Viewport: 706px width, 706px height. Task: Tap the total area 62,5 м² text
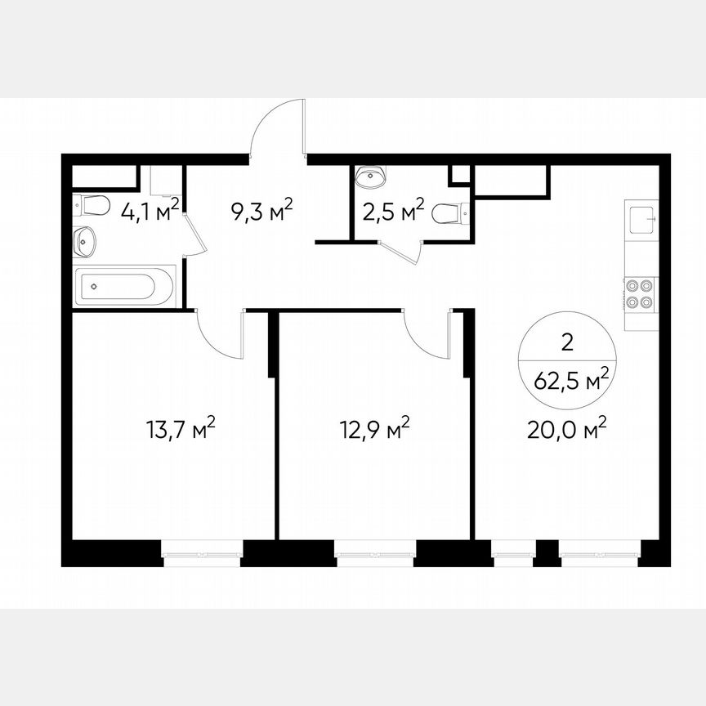click(x=571, y=379)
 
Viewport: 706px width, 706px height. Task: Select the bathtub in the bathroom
click(x=125, y=287)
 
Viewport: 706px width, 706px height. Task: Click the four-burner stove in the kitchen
click(x=638, y=294)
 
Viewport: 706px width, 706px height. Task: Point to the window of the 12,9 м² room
click(x=374, y=556)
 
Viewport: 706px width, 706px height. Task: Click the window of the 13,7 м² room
click(x=202, y=556)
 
